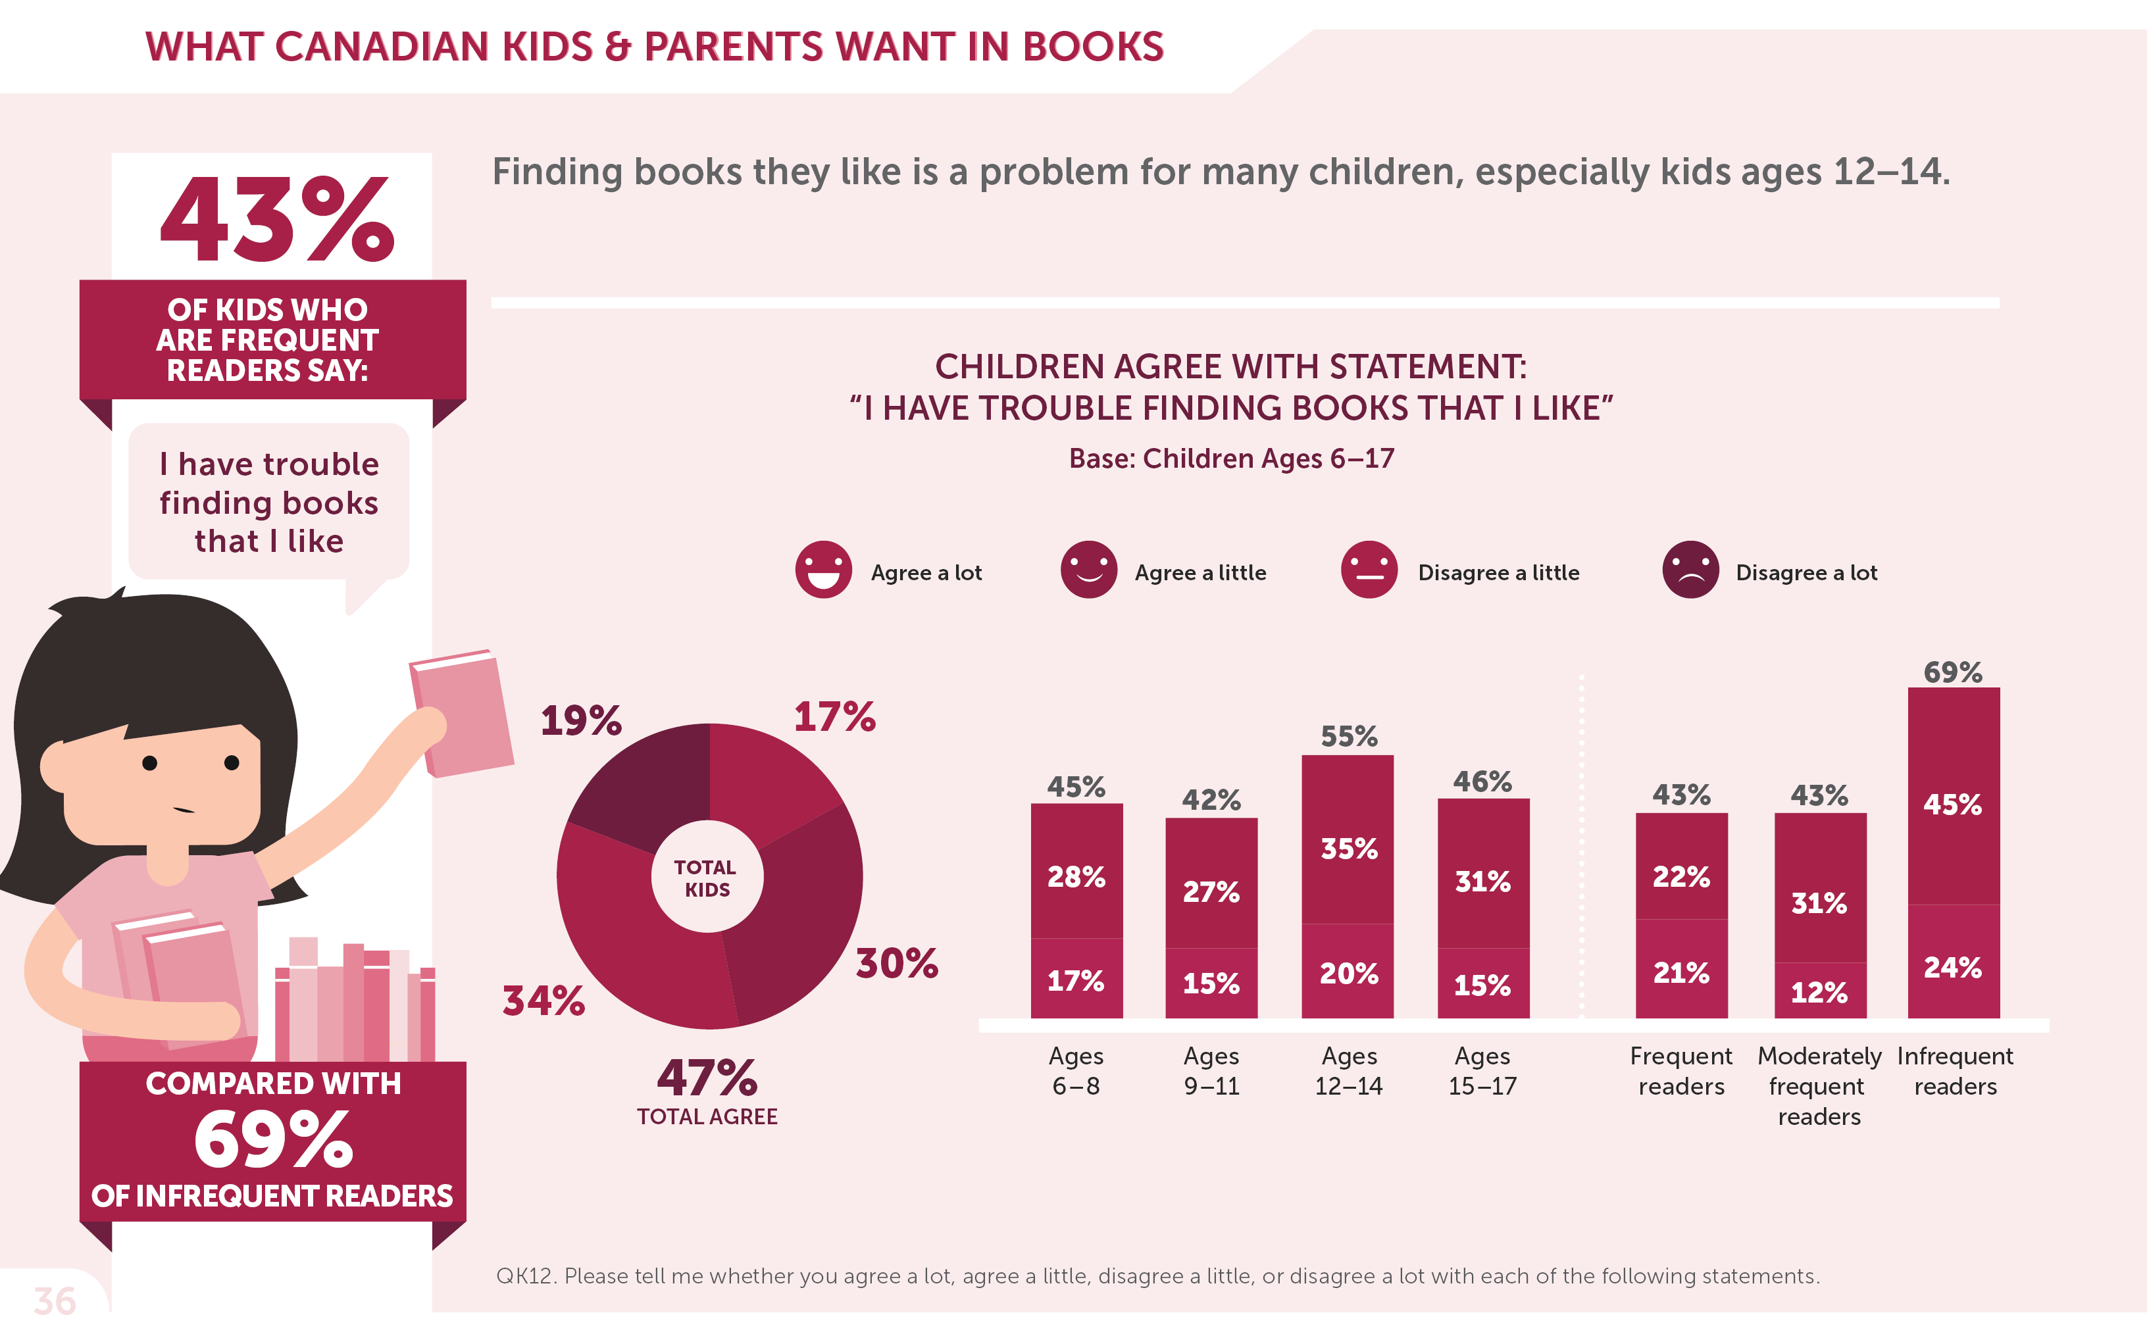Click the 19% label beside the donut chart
[582, 720]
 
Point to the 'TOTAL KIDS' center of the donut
[707, 878]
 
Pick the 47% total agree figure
[707, 1078]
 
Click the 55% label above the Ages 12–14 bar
[1348, 735]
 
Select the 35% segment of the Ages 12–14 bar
[1348, 849]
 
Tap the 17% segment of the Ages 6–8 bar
[1076, 981]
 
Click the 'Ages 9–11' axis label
[1211, 1070]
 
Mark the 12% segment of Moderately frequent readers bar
[1819, 991]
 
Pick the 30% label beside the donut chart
[896, 963]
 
